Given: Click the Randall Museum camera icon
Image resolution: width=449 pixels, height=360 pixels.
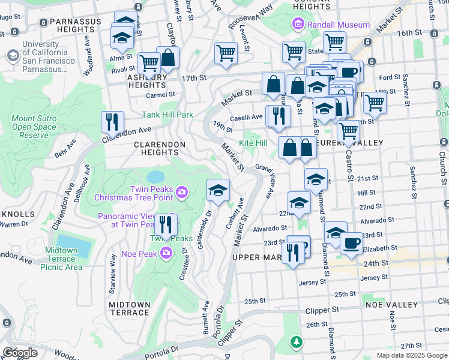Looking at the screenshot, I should [297, 25].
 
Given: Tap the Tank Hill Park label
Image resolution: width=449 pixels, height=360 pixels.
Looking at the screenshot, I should [167, 115].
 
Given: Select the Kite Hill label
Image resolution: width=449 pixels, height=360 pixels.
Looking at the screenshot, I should [253, 143].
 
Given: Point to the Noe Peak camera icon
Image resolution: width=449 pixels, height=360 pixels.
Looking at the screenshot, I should [166, 254].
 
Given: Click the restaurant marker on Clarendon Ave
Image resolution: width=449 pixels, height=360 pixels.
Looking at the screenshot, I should [112, 122].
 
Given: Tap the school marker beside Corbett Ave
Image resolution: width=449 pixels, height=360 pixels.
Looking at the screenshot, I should [218, 191].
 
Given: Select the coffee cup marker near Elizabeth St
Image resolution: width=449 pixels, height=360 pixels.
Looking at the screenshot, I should [351, 243].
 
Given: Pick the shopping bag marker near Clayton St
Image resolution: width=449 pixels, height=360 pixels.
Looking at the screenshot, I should [168, 58].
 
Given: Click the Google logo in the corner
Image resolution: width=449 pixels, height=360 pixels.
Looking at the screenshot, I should [19, 352].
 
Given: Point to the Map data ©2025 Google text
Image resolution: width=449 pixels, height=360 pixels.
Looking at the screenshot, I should [411, 355].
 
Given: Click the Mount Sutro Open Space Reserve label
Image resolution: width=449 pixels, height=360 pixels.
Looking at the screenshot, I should [34, 127].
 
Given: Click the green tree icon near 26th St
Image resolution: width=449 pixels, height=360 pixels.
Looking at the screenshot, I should [296, 342].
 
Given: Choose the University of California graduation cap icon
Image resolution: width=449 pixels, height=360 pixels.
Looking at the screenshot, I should [12, 56].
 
